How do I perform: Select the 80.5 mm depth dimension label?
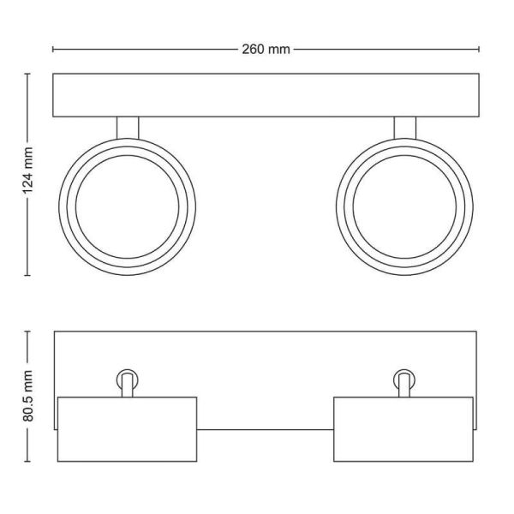point(27,395)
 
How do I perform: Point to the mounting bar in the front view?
point(265,95)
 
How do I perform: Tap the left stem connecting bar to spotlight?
point(127,127)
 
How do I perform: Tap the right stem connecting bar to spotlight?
point(404,127)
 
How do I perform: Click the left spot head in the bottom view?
point(127,429)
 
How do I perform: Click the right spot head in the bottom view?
point(403,429)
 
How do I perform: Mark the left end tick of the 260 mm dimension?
point(53,49)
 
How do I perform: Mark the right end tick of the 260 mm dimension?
point(477,49)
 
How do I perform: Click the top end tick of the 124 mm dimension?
point(27,74)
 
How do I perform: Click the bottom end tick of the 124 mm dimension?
point(27,275)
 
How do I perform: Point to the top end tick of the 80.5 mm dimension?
point(27,332)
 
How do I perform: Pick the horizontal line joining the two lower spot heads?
point(266,428)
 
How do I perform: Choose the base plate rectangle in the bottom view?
point(265,360)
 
